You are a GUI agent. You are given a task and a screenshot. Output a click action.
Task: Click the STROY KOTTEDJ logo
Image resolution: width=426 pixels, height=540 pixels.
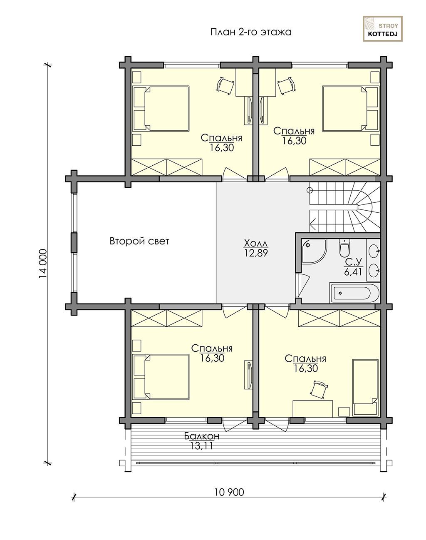383,29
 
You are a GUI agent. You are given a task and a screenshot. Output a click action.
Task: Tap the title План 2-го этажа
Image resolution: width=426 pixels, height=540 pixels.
251,32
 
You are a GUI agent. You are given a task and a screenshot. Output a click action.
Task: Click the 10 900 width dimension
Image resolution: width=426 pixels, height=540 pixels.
229,492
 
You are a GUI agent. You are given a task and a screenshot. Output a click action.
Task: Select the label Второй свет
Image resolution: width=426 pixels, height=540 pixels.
139,241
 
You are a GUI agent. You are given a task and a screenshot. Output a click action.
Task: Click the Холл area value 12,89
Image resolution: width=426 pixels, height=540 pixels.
256,253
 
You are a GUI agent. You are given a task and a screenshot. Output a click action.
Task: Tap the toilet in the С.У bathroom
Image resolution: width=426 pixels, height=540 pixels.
344,248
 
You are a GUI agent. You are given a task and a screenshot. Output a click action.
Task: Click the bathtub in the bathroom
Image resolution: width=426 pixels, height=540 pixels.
355,293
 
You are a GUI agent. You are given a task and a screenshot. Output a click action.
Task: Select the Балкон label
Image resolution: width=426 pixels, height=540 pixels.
202,436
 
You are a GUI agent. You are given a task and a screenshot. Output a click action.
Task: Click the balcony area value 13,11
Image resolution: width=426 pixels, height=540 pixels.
202,445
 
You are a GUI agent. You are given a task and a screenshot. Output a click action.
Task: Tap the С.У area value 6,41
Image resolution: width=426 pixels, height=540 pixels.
353,272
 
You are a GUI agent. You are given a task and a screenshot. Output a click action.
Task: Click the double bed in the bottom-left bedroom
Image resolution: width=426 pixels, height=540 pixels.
161,377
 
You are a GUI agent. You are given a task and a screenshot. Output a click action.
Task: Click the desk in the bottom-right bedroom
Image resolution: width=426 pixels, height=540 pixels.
313,408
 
